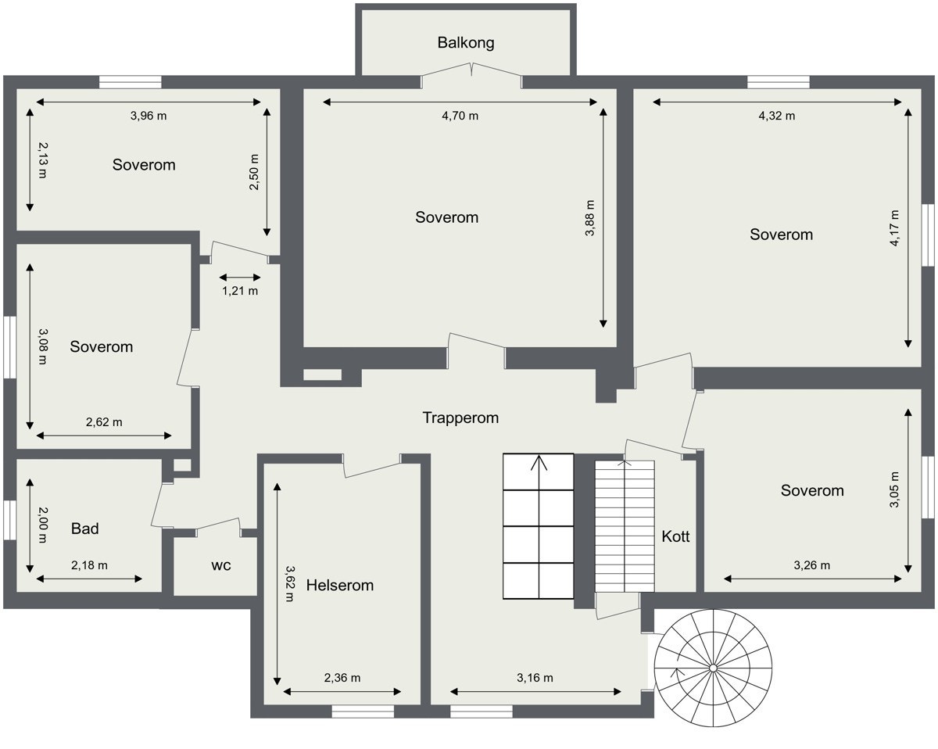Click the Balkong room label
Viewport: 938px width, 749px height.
pyautogui.click(x=466, y=42)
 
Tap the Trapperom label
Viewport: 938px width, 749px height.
pyautogui.click(x=460, y=418)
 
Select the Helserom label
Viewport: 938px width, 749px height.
pyautogui.click(x=340, y=585)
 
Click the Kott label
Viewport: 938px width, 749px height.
pyautogui.click(x=675, y=537)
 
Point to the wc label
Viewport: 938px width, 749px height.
pyautogui.click(x=221, y=565)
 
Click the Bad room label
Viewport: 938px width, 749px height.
pyautogui.click(x=85, y=529)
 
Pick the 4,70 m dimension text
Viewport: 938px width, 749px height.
pyautogui.click(x=460, y=116)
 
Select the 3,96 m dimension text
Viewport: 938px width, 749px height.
pyautogui.click(x=149, y=116)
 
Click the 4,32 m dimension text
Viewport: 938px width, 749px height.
pyautogui.click(x=776, y=116)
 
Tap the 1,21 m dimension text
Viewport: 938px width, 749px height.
pyautogui.click(x=240, y=291)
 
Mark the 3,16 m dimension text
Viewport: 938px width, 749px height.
pyautogui.click(x=535, y=678)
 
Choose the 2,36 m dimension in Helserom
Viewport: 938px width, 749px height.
pyautogui.click(x=342, y=678)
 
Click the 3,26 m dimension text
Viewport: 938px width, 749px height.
pyautogui.click(x=811, y=565)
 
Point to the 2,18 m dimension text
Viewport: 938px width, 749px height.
pyautogui.click(x=89, y=565)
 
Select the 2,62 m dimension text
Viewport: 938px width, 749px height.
pyautogui.click(x=104, y=422)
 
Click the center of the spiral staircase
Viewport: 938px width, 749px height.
pyautogui.click(x=713, y=667)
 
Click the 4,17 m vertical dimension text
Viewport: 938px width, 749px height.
pyautogui.click(x=894, y=228)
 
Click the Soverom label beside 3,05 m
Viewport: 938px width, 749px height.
pyautogui.click(x=812, y=490)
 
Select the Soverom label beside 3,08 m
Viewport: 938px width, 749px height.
pyautogui.click(x=102, y=346)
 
